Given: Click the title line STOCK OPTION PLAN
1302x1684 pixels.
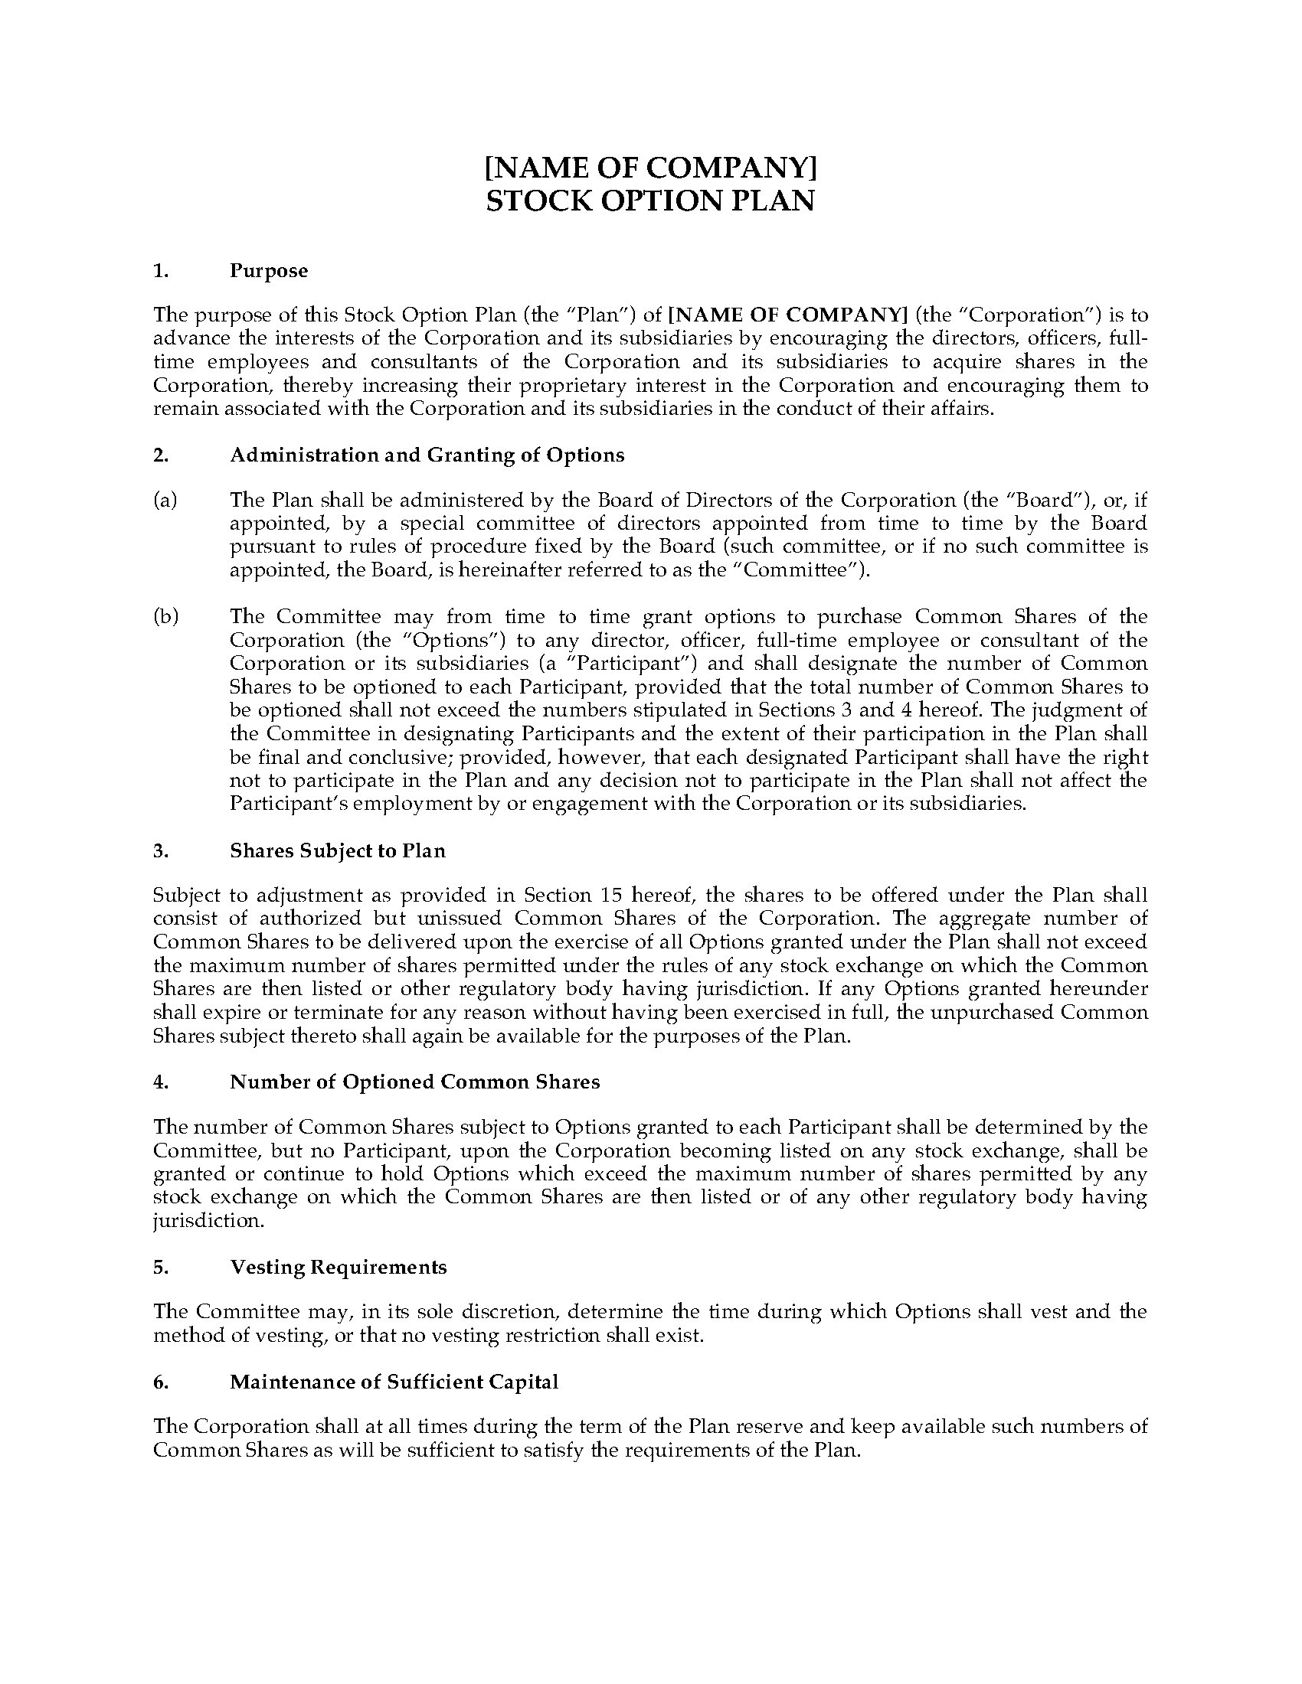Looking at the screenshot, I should (x=649, y=201).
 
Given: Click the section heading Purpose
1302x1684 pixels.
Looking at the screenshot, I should (x=268, y=271).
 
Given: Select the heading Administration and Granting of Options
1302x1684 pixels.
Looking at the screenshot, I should (x=427, y=455).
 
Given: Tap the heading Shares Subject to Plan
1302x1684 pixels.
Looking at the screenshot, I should (x=337, y=850).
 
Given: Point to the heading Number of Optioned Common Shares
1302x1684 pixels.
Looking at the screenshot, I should (x=414, y=1082).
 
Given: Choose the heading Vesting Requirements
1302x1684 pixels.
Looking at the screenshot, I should (x=338, y=1267).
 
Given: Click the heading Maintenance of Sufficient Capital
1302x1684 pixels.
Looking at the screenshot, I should (x=394, y=1382).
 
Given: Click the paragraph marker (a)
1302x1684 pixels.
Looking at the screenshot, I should (x=165, y=500).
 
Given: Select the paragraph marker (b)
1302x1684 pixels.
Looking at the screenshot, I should (x=165, y=616).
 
